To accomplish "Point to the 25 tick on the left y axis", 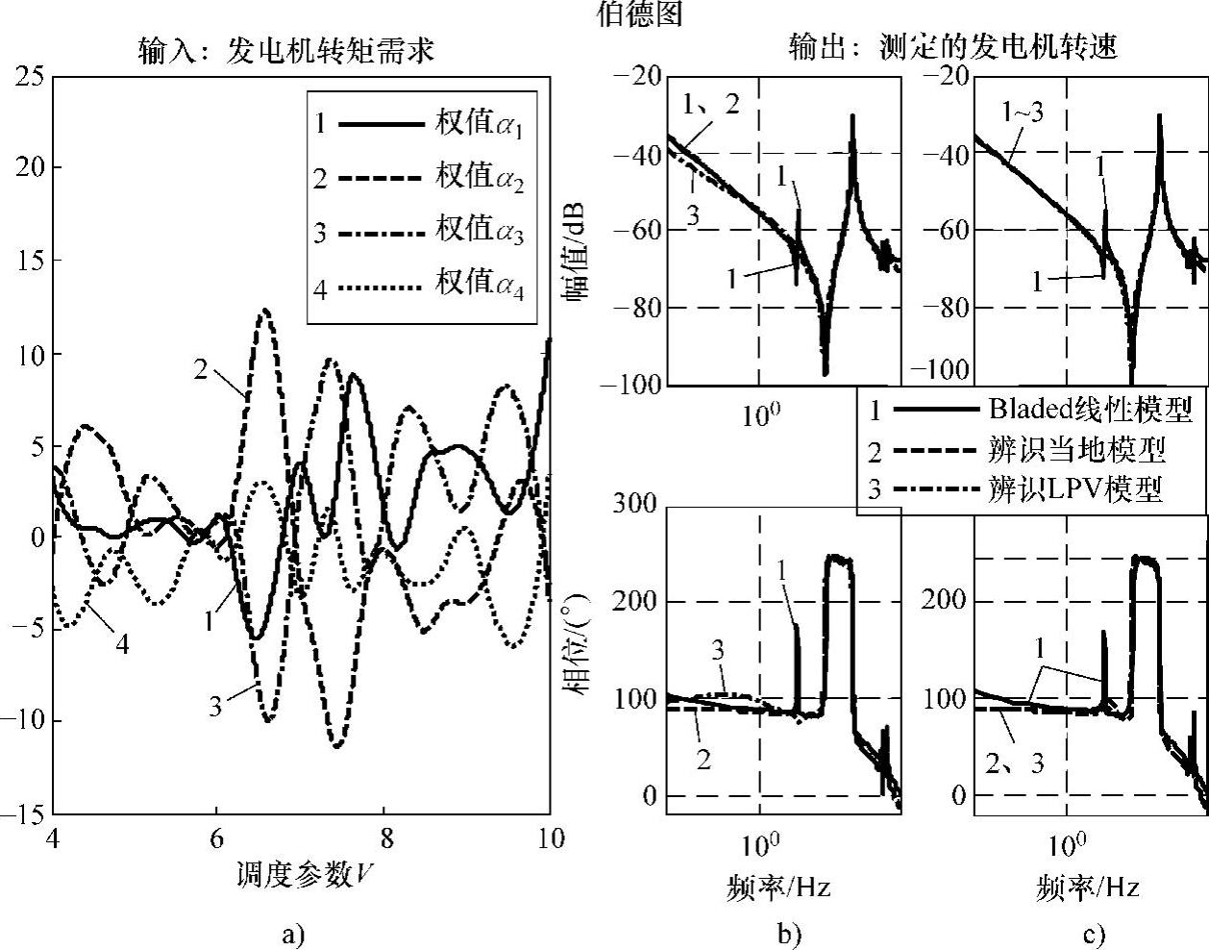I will click(x=29, y=75).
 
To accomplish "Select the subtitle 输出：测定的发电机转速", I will click(x=952, y=47).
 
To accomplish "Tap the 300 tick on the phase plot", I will click(x=635, y=505).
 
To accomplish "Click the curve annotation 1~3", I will click(x=1022, y=112).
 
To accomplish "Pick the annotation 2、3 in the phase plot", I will click(x=1015, y=762).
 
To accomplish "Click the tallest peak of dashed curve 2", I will click(x=264, y=311).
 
